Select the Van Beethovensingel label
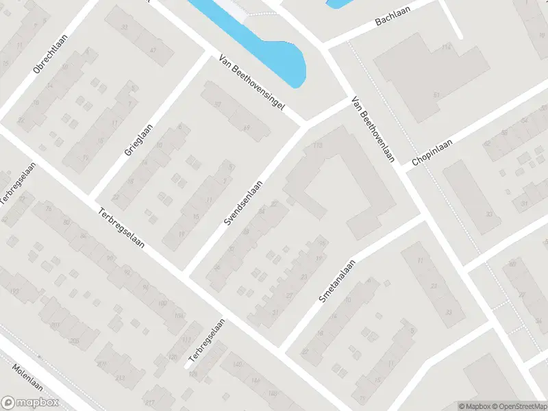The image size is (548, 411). point(251,84)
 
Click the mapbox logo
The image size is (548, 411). point(29,403)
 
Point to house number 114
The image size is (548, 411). point(446,47)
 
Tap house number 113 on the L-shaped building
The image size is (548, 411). point(316,146)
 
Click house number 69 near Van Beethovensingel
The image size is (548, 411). point(246,129)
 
